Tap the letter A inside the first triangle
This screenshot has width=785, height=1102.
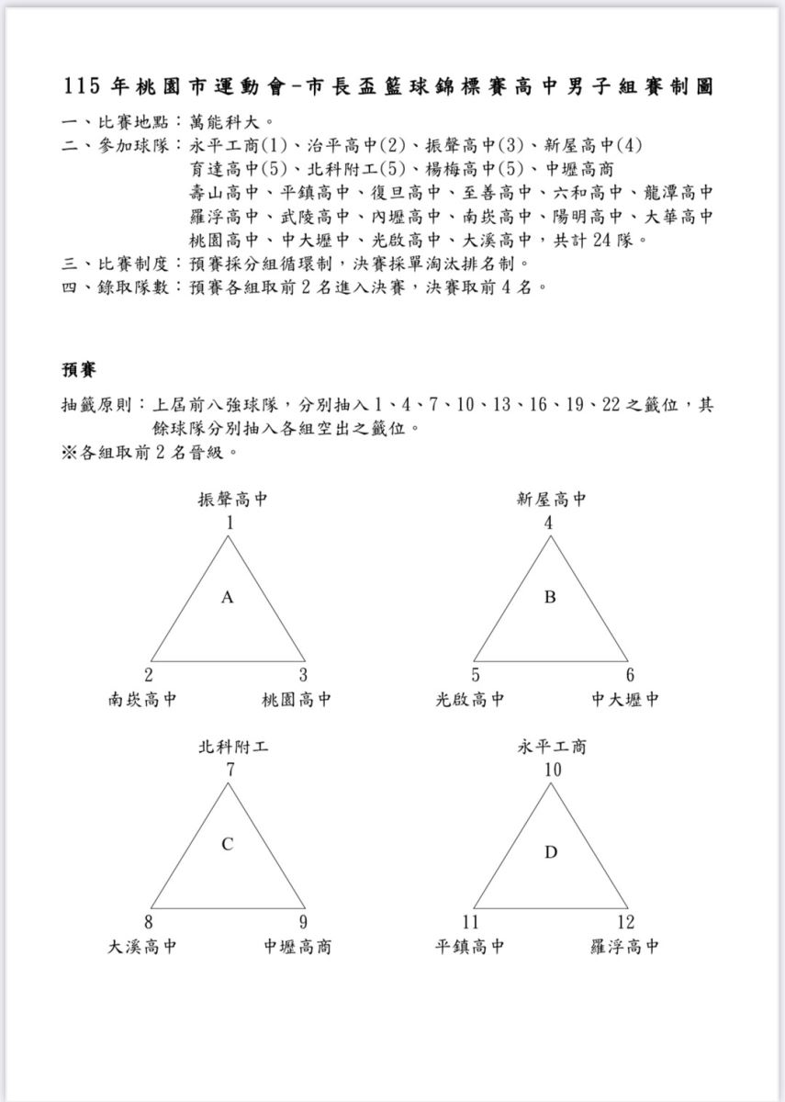point(228,598)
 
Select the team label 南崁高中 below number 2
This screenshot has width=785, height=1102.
point(142,700)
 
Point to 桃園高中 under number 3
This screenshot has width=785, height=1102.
point(297,700)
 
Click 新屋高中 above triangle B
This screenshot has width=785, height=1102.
point(551,500)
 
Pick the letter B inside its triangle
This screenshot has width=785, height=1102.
point(550,598)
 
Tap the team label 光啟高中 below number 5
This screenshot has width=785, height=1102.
point(470,700)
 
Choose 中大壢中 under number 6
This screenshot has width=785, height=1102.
point(625,700)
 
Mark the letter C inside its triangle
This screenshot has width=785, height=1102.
point(228,845)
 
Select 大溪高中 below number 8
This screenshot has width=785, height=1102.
point(142,947)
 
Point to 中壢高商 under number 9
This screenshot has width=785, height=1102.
point(297,947)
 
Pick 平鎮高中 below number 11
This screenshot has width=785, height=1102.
point(470,947)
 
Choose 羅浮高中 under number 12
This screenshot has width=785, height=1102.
point(624,947)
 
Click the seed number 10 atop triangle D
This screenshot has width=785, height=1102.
point(551,770)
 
